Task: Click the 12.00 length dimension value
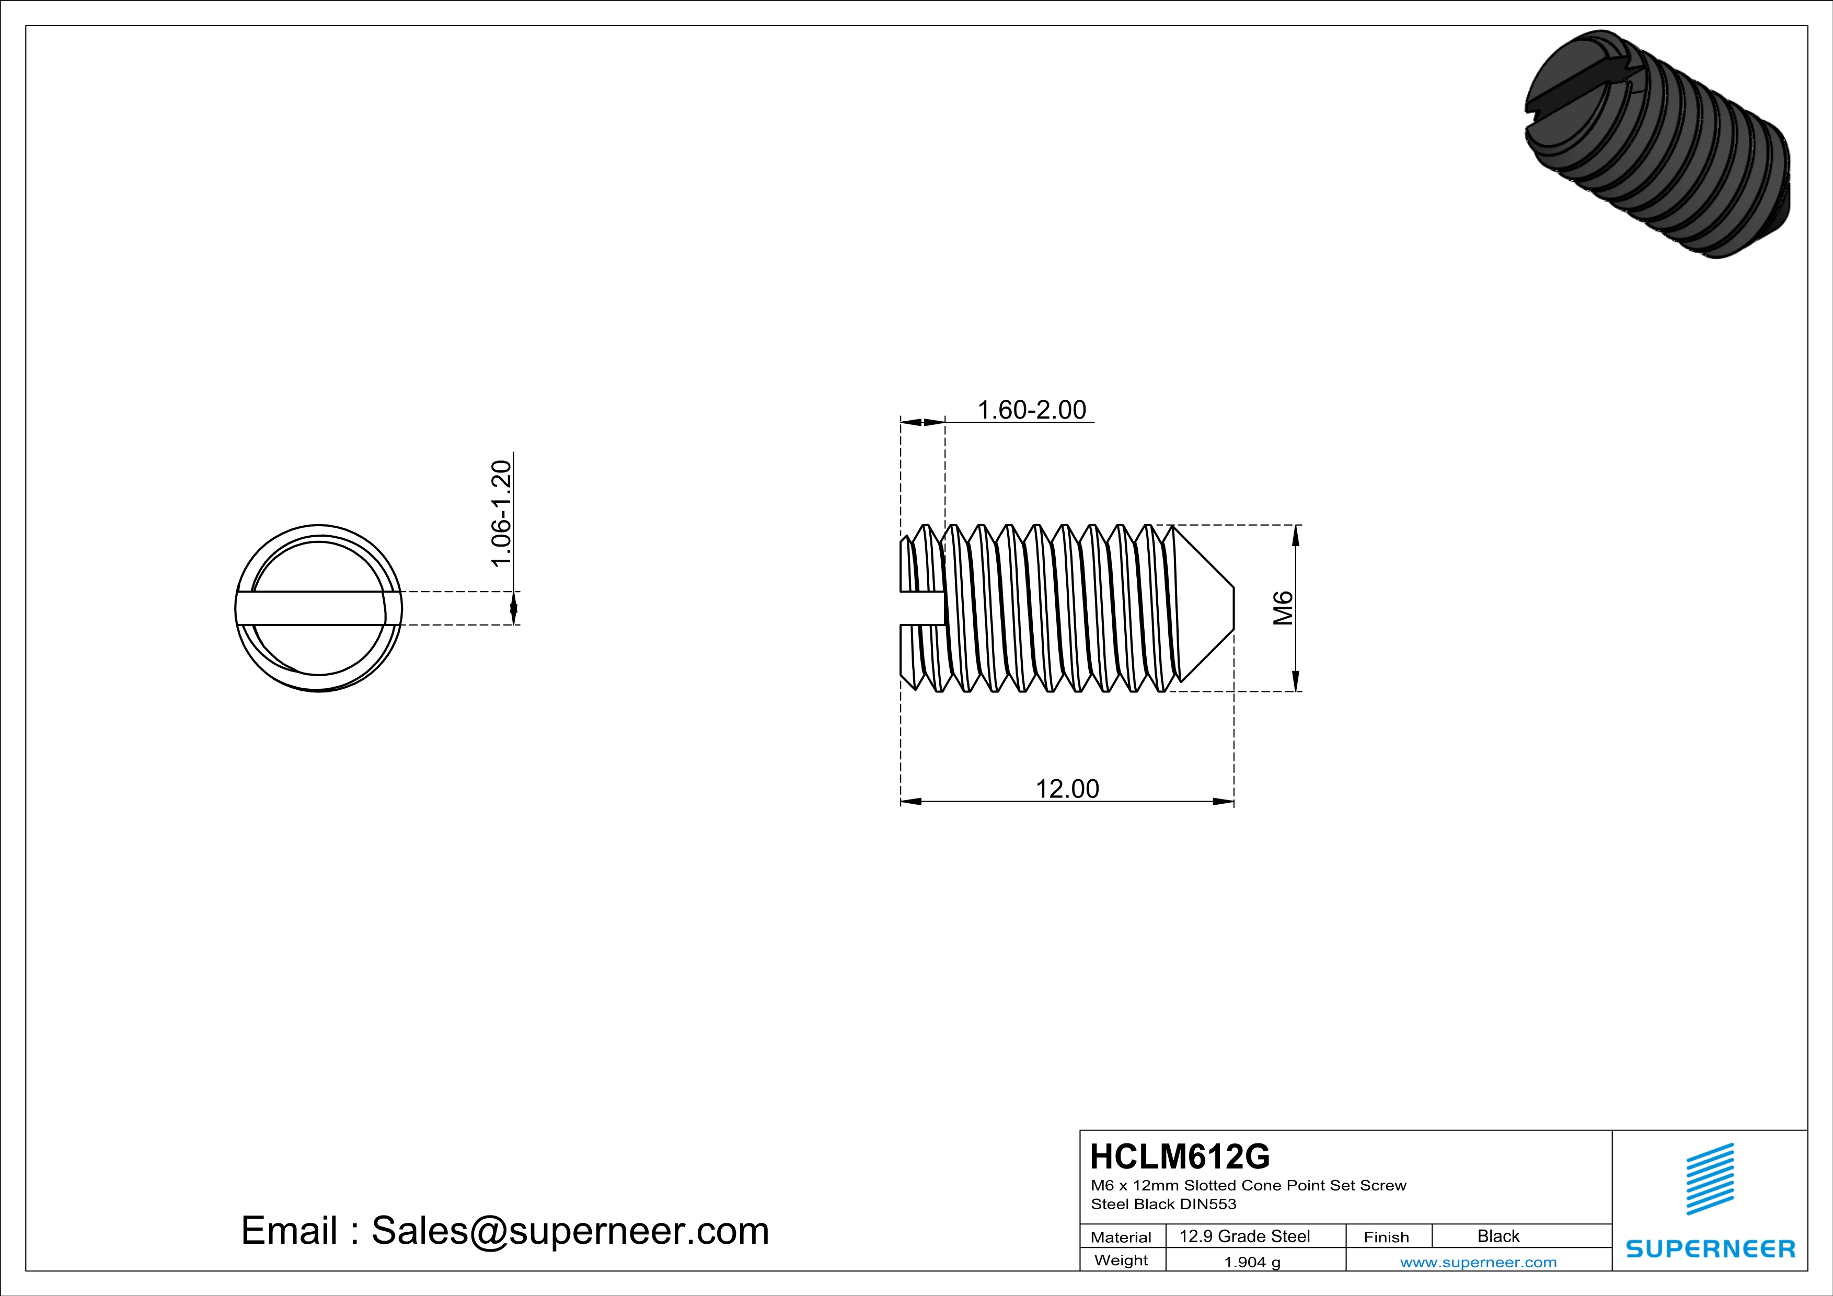click(1067, 789)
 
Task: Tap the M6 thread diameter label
click(1282, 608)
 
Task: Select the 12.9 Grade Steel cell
click(1244, 1236)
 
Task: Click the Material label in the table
click(1121, 1237)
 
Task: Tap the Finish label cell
click(1386, 1237)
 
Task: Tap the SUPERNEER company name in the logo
click(1710, 1249)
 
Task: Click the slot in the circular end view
click(318, 608)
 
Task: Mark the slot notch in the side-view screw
click(921, 608)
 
